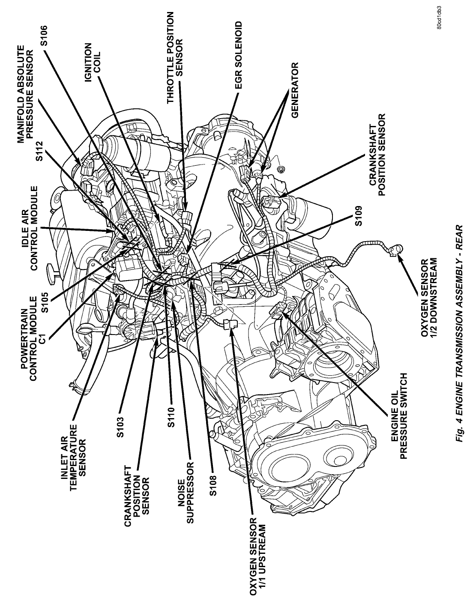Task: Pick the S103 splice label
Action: [121, 427]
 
